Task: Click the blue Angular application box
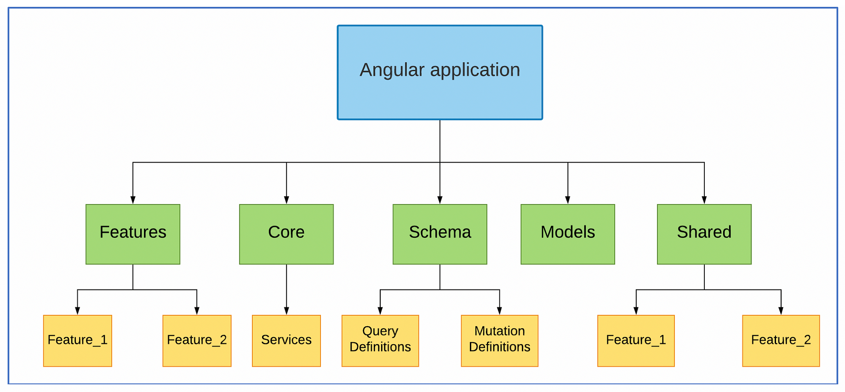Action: [440, 73]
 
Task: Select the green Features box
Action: [133, 234]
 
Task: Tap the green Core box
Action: [286, 234]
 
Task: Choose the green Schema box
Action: [440, 234]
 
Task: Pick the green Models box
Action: [568, 234]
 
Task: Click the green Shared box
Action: [704, 234]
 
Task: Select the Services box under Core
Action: [286, 341]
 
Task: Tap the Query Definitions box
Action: [380, 341]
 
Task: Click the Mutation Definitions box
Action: [500, 341]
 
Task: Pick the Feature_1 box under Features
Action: [78, 341]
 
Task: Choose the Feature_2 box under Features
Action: [197, 341]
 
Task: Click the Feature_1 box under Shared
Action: [636, 341]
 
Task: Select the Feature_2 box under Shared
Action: [781, 341]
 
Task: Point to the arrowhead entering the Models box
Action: [568, 200]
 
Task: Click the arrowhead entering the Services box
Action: [286, 311]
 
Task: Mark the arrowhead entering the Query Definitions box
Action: [380, 311]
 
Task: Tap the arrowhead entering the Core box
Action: [286, 200]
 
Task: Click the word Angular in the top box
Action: [392, 70]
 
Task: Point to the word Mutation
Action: [500, 331]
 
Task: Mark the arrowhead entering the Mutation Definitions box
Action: [500, 311]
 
